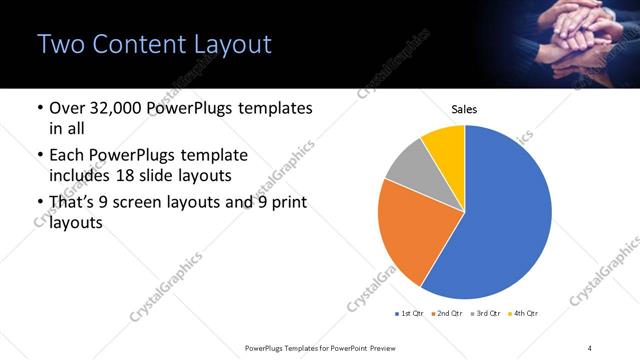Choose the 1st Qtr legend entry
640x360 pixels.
411,314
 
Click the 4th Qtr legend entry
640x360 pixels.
526,314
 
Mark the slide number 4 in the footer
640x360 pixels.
590,346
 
